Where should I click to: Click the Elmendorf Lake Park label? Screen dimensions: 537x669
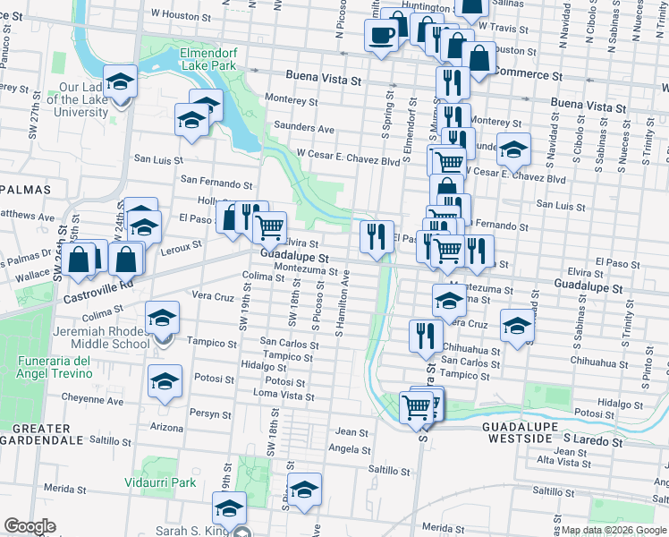pos(207,58)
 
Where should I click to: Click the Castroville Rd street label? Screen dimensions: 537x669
pos(92,284)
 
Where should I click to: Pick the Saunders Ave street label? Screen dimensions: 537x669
pos(305,126)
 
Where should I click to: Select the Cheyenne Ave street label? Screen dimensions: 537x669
pos(92,400)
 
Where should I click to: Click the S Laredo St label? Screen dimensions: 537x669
pos(593,441)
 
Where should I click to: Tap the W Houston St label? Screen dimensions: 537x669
pos(185,14)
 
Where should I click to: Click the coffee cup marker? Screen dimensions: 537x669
pos(381,36)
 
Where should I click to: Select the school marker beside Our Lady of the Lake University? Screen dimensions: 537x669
pos(121,81)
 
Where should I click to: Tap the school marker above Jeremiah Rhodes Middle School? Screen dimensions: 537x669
pos(163,317)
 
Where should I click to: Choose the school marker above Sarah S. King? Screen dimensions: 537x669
pos(230,507)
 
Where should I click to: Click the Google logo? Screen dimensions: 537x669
pos(30,525)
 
